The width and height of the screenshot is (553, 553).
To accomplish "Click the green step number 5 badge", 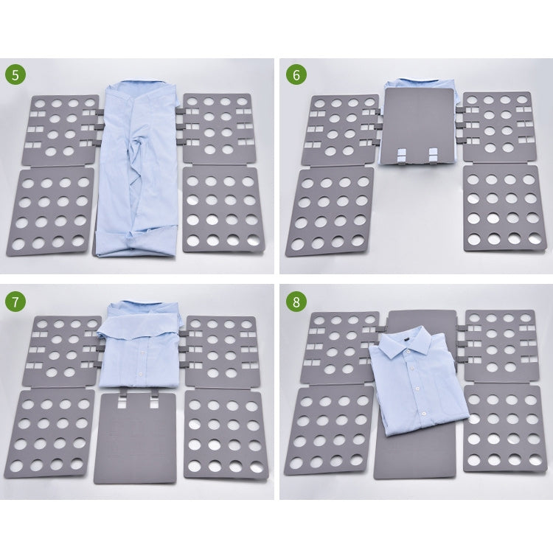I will click(x=16, y=75).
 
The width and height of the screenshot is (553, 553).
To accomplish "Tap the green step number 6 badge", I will click(x=296, y=75).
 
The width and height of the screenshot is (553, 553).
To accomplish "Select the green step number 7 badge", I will click(x=16, y=302).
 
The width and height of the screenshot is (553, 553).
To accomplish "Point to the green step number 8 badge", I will click(x=296, y=302).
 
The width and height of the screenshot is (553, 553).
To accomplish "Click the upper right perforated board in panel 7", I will click(x=220, y=351).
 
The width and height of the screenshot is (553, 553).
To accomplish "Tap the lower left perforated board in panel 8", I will click(x=330, y=430).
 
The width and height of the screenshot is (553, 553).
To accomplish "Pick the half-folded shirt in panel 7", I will click(x=140, y=347).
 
